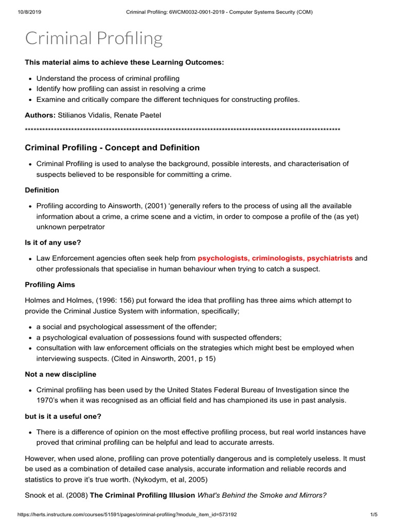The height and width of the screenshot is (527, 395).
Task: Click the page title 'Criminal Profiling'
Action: (x=94, y=38)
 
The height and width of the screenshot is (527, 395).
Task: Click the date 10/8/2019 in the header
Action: (x=20, y=12)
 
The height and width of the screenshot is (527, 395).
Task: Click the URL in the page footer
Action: (x=119, y=514)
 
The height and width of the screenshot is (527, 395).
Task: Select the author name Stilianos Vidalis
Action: (x=84, y=115)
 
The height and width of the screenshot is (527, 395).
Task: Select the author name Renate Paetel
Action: (x=139, y=115)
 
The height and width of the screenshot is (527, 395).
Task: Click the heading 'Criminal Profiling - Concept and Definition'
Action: (x=112, y=148)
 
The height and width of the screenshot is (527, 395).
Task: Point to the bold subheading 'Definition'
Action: (x=42, y=190)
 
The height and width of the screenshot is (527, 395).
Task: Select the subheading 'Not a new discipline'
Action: (x=61, y=374)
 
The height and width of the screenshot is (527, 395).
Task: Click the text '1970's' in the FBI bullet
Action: (x=49, y=400)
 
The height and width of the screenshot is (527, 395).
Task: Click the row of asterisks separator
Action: (x=183, y=129)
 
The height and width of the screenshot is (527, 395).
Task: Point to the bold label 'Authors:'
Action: (x=40, y=115)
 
